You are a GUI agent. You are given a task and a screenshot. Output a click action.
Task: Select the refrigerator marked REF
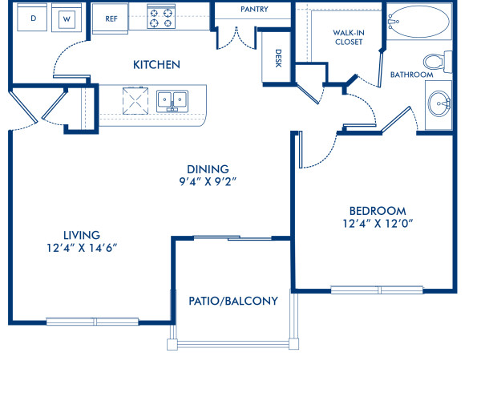coord(111,19)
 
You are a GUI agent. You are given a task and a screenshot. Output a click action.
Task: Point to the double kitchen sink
coord(172,100)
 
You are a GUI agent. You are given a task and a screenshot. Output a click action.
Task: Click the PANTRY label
coord(254,10)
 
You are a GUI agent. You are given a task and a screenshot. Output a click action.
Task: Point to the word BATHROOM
coord(412,75)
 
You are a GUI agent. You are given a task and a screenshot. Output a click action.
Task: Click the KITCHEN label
coord(156,64)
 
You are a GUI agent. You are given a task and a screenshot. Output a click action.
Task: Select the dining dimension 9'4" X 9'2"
coord(208,182)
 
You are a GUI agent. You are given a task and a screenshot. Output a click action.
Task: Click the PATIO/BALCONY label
coord(233,302)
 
